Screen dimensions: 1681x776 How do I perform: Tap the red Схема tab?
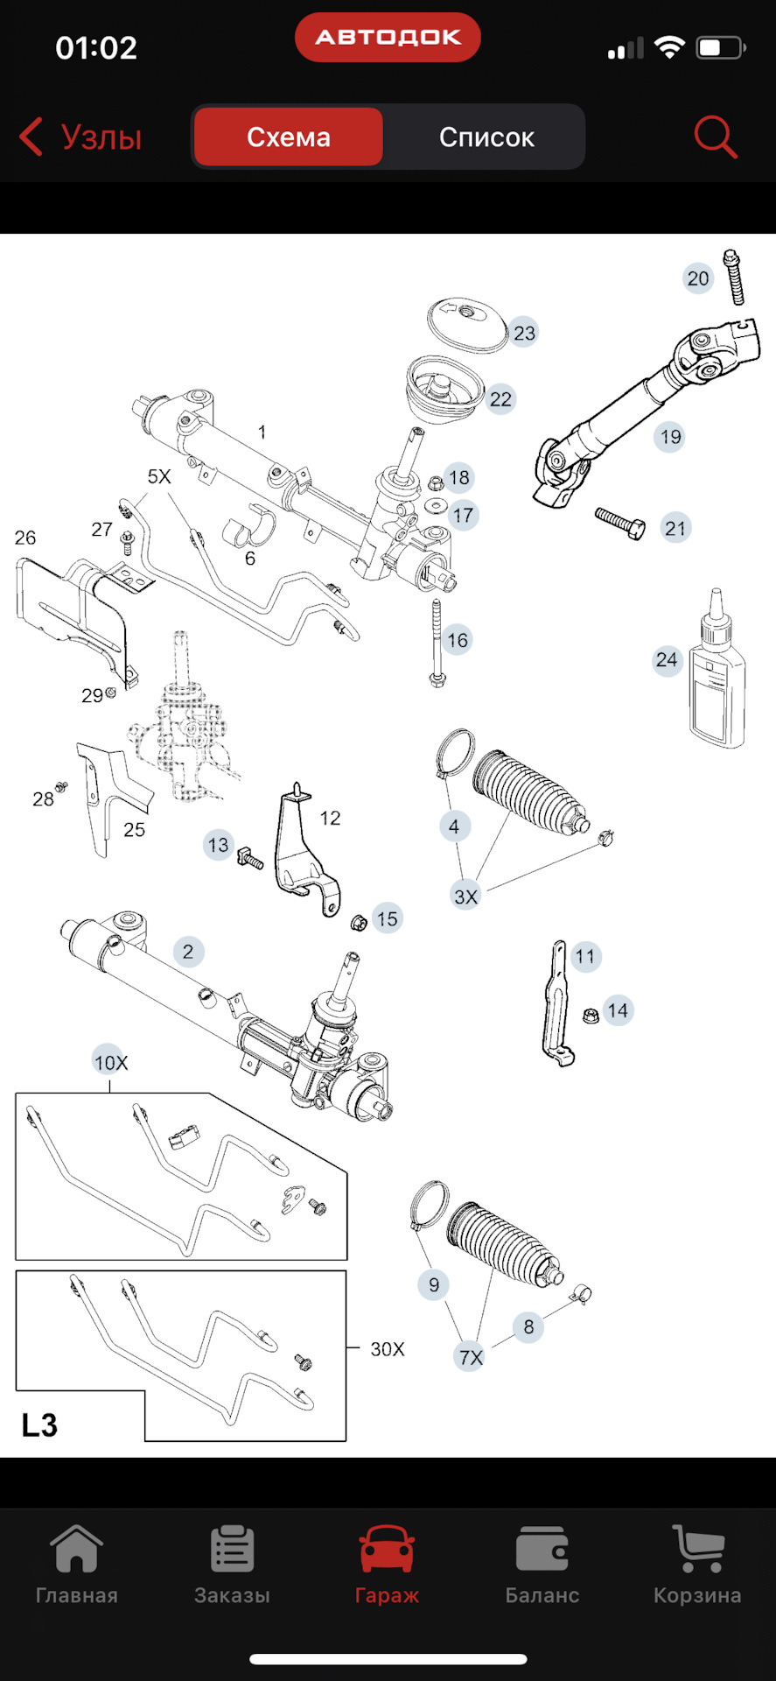click(288, 137)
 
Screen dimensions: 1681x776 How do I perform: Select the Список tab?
click(486, 137)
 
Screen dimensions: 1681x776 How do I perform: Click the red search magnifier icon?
click(715, 137)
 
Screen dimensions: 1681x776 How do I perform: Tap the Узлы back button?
click(80, 137)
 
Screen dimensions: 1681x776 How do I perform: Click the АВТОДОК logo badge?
click(388, 38)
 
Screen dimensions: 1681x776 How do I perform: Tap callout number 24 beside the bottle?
click(667, 659)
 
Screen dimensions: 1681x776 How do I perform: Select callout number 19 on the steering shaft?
click(670, 437)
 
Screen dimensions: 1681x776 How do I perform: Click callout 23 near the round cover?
click(524, 333)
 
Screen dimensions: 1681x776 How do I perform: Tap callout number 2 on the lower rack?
click(188, 952)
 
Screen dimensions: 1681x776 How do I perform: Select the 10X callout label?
click(110, 1062)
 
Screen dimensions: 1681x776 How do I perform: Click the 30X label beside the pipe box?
click(387, 1349)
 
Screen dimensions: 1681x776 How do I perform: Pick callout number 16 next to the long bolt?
click(458, 640)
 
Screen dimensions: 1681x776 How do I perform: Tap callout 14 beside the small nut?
click(618, 1010)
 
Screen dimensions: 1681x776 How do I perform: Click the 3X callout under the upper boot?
click(465, 896)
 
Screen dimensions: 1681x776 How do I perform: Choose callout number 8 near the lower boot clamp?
click(528, 1326)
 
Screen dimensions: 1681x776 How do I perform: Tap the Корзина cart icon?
click(697, 1551)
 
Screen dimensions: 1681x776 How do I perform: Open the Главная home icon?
click(77, 1551)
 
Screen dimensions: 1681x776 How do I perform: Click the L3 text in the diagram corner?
click(39, 1425)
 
